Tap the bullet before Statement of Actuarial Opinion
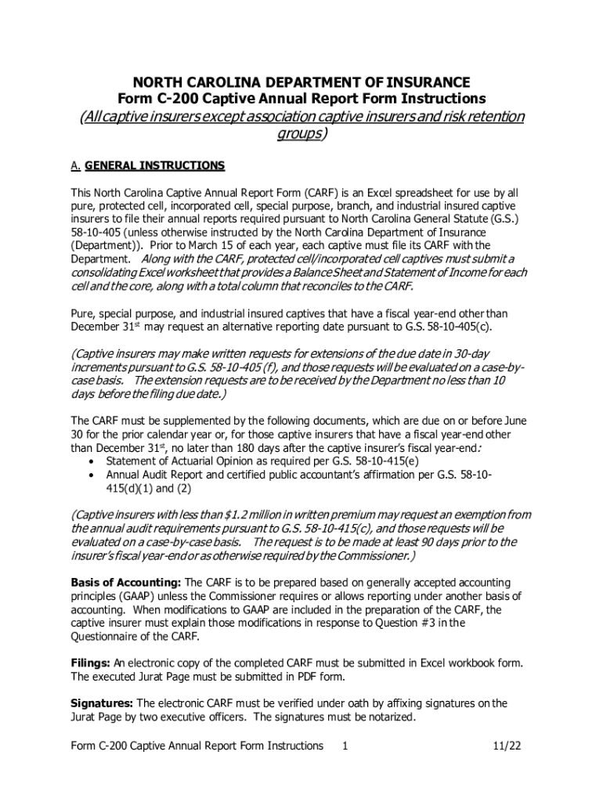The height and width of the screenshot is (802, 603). [x=94, y=461]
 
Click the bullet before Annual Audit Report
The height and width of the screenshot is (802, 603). [x=94, y=475]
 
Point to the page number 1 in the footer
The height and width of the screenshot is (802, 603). [x=345, y=746]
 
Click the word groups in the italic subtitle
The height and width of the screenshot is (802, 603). [x=298, y=134]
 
